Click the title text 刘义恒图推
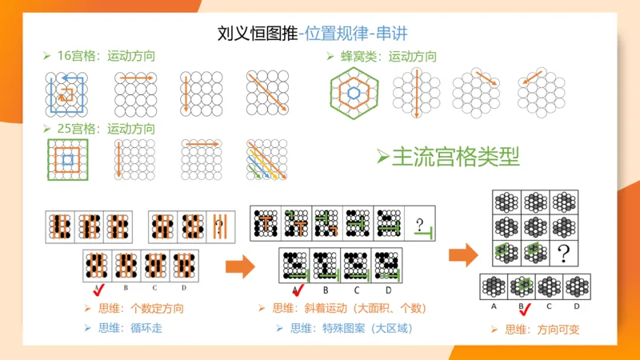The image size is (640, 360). point(257,34)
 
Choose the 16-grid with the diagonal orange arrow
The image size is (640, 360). point(267,93)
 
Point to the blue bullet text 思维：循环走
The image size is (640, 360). point(129,327)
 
